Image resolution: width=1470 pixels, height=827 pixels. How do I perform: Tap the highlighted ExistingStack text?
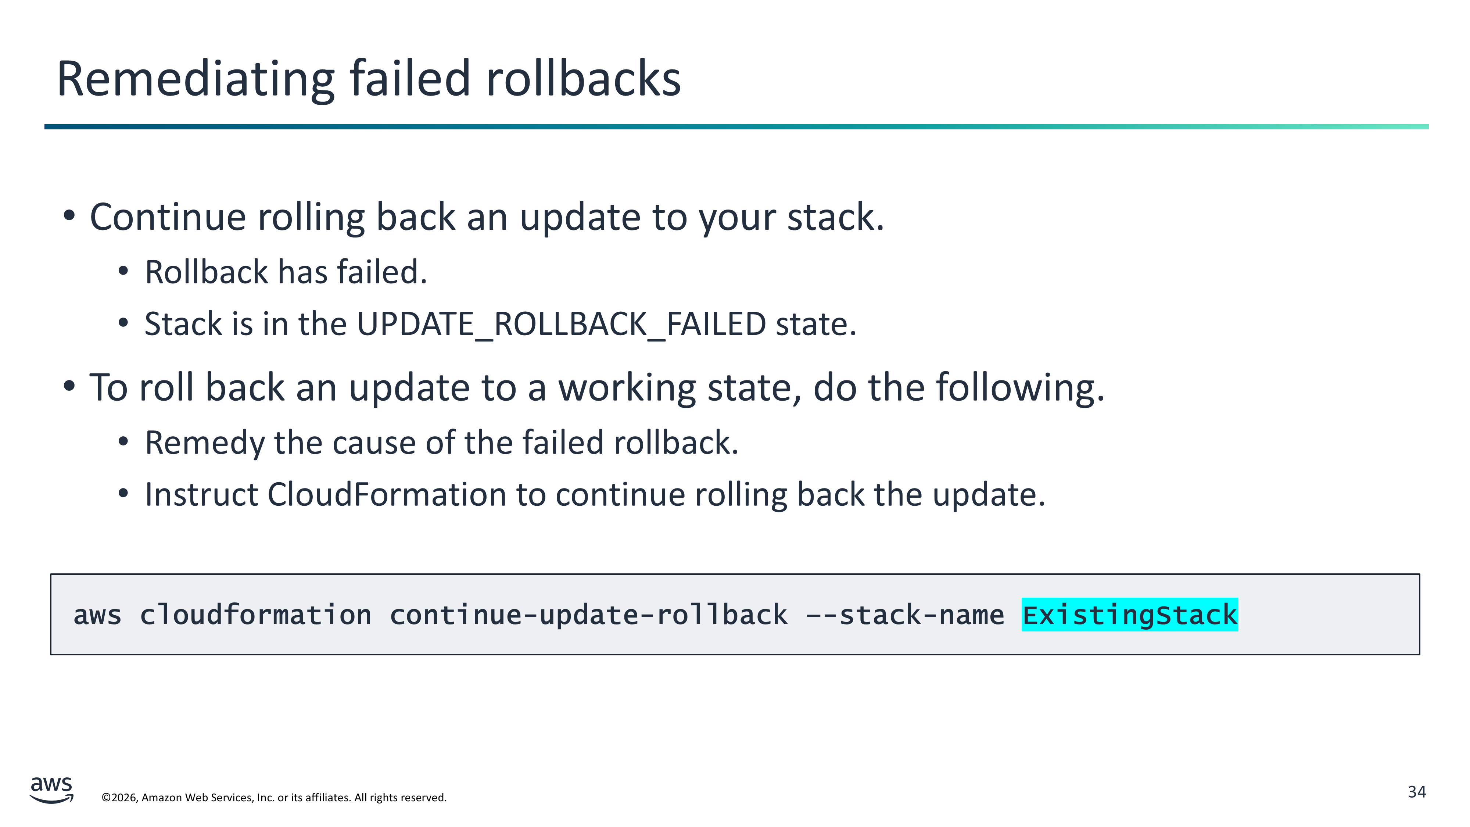[1129, 615]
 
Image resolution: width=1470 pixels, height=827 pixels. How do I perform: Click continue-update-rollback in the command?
[588, 615]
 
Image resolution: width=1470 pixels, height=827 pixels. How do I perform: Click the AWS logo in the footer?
[51, 790]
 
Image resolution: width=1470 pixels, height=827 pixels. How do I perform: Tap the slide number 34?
[1417, 792]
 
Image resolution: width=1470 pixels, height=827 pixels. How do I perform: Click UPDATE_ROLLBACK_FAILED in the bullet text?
[562, 324]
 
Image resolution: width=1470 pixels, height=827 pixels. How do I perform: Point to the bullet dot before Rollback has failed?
[123, 272]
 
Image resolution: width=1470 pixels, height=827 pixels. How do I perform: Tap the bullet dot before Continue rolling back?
[69, 216]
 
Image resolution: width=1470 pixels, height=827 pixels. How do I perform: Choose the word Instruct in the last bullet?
[202, 494]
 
